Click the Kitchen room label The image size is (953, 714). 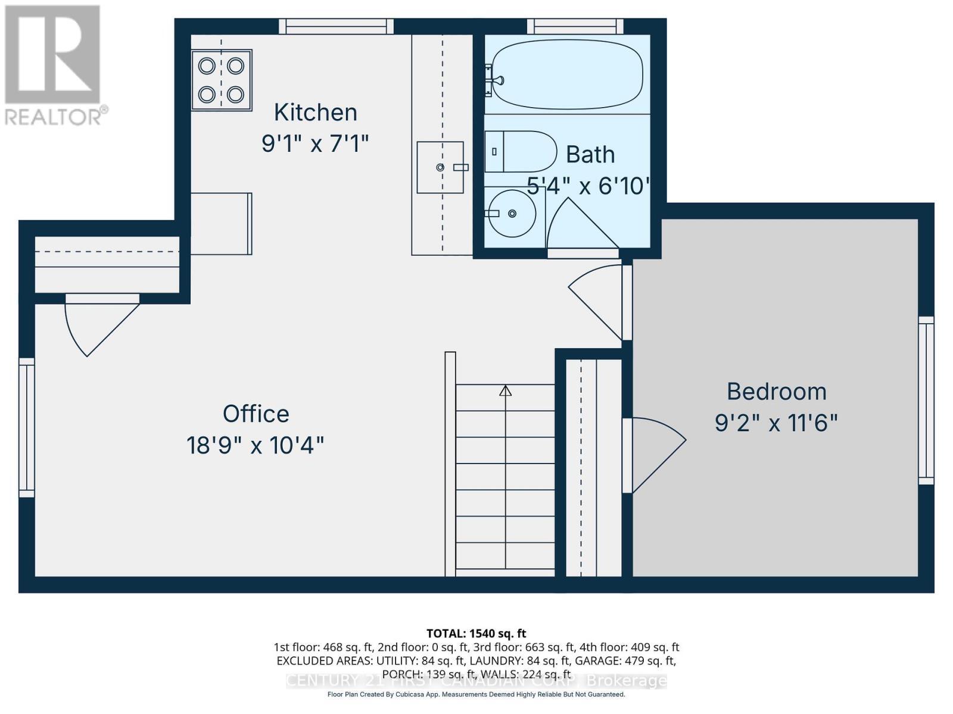[x=315, y=112]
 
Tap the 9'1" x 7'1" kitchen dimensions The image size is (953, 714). [x=315, y=143]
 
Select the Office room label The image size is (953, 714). [x=256, y=414]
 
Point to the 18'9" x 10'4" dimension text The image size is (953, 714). [x=256, y=445]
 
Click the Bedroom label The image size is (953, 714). [x=776, y=392]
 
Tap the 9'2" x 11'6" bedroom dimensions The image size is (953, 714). [x=776, y=423]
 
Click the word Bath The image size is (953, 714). [x=590, y=155]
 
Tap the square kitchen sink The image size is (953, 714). [x=440, y=167]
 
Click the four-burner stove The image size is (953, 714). [x=222, y=80]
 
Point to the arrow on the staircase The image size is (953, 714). [x=505, y=391]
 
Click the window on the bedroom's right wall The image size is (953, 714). [x=926, y=400]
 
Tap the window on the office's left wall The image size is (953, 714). [x=27, y=427]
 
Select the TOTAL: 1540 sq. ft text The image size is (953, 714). [x=476, y=634]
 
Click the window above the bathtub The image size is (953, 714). [x=574, y=26]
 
